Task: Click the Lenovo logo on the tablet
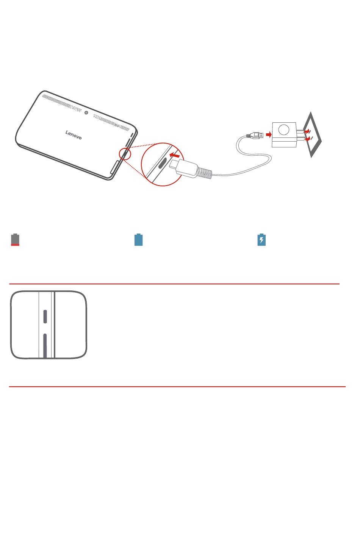(x=74, y=135)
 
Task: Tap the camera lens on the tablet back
(x=86, y=112)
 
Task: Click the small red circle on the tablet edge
(x=125, y=154)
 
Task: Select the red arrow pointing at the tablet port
(x=175, y=155)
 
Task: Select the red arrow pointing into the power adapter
(x=269, y=134)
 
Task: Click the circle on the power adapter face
(x=284, y=130)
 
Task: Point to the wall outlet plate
(x=313, y=135)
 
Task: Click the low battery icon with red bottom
(x=15, y=240)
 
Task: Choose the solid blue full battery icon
(x=138, y=240)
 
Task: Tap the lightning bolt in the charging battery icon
(x=261, y=240)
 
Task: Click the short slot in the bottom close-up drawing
(x=45, y=317)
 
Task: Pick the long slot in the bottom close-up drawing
(x=45, y=346)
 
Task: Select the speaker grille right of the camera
(x=111, y=122)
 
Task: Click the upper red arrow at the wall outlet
(x=307, y=131)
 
